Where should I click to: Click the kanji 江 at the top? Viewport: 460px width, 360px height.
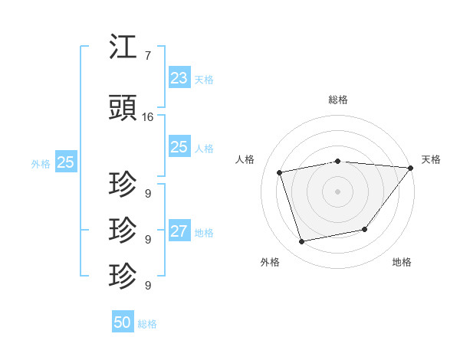[x=123, y=47]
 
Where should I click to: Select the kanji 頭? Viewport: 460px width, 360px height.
[x=123, y=109]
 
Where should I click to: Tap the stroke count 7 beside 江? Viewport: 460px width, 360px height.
[x=147, y=56]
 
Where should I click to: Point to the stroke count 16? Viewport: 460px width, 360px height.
[x=148, y=117]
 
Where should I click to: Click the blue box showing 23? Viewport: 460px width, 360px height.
[x=179, y=78]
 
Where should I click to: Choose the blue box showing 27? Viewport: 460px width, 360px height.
[x=179, y=231]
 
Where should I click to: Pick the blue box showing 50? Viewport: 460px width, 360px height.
[x=123, y=322]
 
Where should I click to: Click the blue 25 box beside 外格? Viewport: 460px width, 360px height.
[x=66, y=162]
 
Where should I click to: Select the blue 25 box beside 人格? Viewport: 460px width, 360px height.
[x=179, y=147]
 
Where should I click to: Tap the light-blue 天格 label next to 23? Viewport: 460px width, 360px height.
[x=204, y=79]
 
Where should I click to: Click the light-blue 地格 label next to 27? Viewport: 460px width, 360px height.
[x=204, y=232]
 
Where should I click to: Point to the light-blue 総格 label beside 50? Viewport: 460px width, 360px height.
[x=147, y=323]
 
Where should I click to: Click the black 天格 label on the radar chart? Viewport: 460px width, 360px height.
[x=432, y=159]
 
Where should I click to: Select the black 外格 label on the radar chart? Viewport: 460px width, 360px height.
[x=270, y=262]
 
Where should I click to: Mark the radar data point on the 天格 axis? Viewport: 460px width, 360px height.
[x=411, y=168]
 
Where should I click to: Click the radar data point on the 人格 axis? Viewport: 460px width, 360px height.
[x=280, y=172]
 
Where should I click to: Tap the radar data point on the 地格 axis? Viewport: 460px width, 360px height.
[x=365, y=229]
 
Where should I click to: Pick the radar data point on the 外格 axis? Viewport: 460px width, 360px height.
[x=302, y=241]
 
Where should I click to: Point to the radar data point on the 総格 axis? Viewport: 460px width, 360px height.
[x=338, y=161]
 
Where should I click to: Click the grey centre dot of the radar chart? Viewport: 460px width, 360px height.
[x=338, y=191]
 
